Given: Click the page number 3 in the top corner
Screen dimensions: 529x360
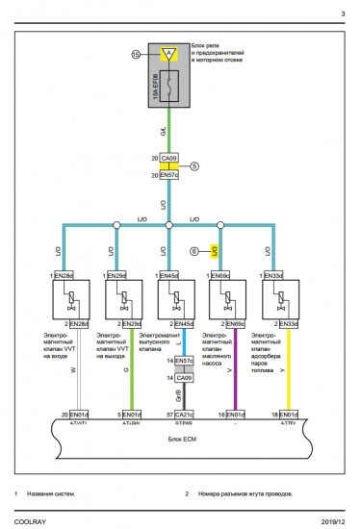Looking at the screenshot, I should click(343, 13).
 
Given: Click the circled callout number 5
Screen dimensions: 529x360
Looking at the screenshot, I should click(195, 166).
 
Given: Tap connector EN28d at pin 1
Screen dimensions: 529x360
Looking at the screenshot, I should click(64, 276).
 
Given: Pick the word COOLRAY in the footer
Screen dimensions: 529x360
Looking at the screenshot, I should click(28, 517).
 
